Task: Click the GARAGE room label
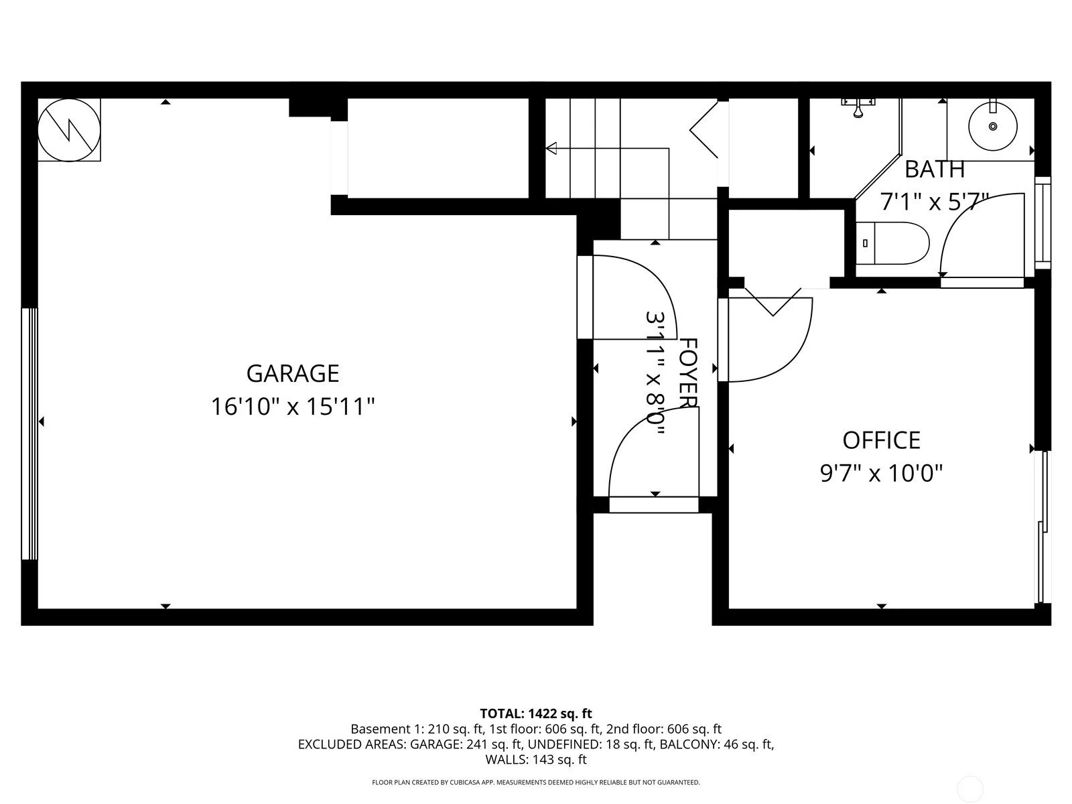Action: click(293, 373)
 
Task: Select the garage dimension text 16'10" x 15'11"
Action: click(293, 407)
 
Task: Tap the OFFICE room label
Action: click(881, 440)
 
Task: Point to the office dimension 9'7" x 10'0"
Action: click(881, 474)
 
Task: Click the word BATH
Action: click(934, 170)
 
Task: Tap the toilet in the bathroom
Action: click(894, 243)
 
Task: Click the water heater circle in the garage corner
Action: click(69, 130)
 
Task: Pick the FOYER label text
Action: click(688, 373)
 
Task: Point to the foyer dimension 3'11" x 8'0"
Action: click(655, 373)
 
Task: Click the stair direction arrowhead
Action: click(551, 149)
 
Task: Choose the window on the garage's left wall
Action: click(30, 433)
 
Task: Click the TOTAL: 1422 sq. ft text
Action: click(535, 714)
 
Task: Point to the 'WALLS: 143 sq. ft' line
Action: click(535, 760)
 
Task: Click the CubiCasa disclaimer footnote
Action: click(535, 782)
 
